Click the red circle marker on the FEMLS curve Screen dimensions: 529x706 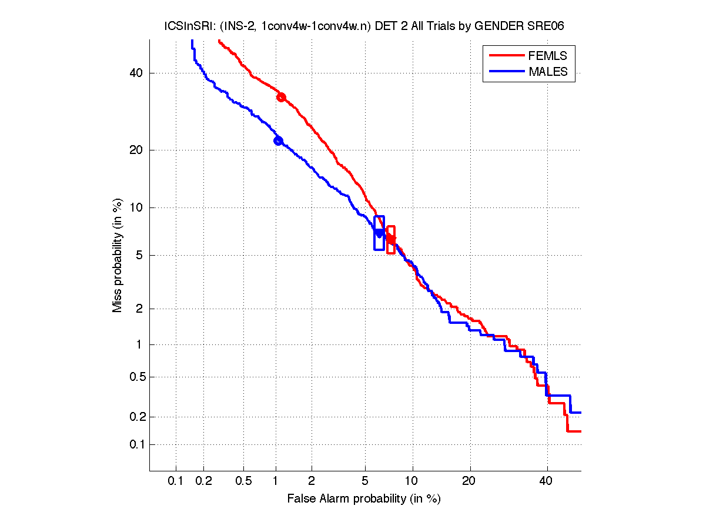pos(281,97)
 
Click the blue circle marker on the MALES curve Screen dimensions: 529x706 pos(278,140)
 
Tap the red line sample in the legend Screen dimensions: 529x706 pos(506,56)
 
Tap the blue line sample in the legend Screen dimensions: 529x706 pos(506,72)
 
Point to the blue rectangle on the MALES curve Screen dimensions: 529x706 pos(379,233)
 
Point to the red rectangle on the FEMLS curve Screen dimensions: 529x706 pos(391,240)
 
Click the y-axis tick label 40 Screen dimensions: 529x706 pos(136,73)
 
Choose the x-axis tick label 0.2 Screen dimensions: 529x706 pos(204,481)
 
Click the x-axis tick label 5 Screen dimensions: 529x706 pos(365,481)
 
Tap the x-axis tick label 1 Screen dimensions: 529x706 pos(276,481)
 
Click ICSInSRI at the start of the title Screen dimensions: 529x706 pos(183,26)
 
